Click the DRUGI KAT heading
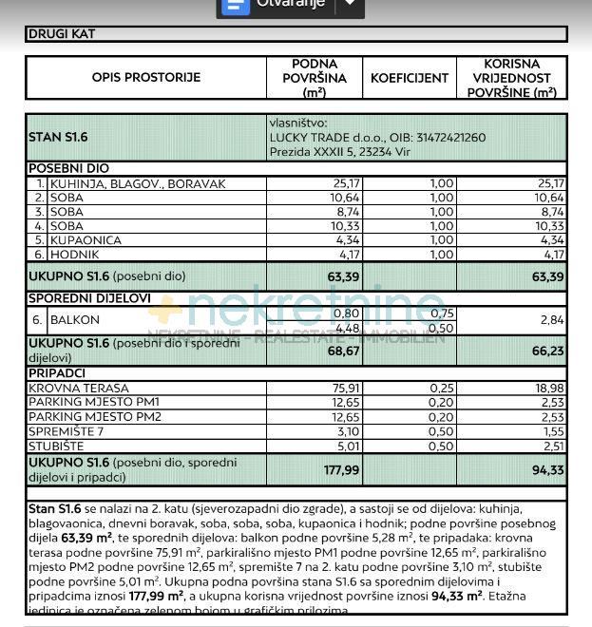pyautogui.click(x=63, y=34)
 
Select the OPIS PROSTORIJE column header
pyautogui.click(x=146, y=77)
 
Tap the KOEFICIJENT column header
pyautogui.click(x=410, y=78)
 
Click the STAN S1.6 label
pyautogui.click(x=59, y=137)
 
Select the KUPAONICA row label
pyautogui.click(x=86, y=240)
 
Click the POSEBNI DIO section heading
pyautogui.click(x=68, y=168)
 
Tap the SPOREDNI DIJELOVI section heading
pyautogui.click(x=89, y=298)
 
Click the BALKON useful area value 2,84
pyautogui.click(x=551, y=321)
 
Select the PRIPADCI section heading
pyautogui.click(x=57, y=374)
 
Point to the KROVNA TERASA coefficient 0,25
pyautogui.click(x=441, y=389)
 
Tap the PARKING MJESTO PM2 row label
pyautogui.click(x=95, y=417)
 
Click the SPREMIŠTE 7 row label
pyautogui.click(x=67, y=431)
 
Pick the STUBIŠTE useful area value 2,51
pyautogui.click(x=551, y=446)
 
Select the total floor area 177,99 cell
pyautogui.click(x=340, y=468)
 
